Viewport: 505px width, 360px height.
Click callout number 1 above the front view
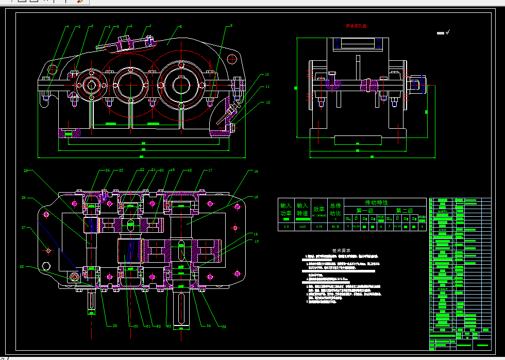[x=67, y=26]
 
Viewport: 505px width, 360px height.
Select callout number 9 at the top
[x=231, y=25]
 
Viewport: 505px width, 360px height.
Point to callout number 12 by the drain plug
[x=268, y=102]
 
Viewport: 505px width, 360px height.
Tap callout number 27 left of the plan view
[x=23, y=227]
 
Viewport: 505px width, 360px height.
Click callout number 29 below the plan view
[x=108, y=325]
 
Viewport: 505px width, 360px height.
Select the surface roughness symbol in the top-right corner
[x=443, y=33]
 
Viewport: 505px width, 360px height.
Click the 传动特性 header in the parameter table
[x=376, y=203]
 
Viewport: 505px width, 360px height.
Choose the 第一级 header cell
[x=364, y=210]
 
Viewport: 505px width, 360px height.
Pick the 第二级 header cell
[x=405, y=210]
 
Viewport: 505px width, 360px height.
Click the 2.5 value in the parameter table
[x=285, y=227]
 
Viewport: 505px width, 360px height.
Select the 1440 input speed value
[x=302, y=227]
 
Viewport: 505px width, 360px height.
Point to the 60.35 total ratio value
[x=335, y=227]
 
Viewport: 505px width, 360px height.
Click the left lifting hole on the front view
[x=53, y=69]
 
